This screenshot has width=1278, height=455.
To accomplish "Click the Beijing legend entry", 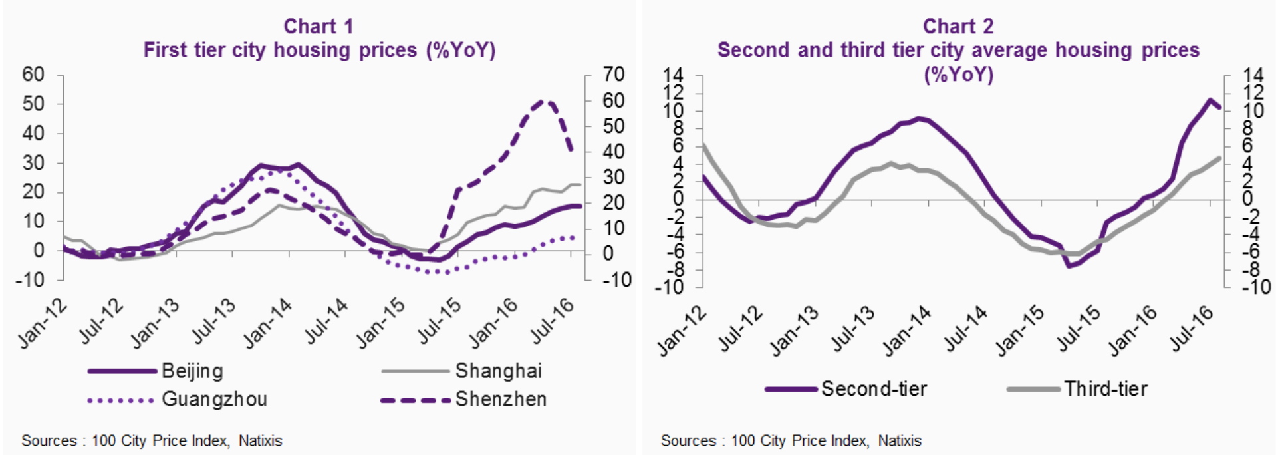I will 192,371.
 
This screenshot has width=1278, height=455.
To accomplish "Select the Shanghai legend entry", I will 498,371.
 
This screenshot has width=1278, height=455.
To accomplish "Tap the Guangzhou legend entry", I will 214,400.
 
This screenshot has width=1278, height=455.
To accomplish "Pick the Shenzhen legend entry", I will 501,400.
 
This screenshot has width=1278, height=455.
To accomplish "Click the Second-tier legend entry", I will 874,389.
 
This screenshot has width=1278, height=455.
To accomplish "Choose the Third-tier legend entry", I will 1105,389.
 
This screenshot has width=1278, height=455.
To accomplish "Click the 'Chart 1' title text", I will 319,27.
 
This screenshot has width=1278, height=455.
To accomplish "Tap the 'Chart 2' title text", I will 958,27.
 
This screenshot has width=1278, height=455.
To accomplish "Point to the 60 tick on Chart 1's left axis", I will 33,75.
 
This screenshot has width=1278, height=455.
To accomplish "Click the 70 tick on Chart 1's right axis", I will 613,75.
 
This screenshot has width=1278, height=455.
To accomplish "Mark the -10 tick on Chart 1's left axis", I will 30,280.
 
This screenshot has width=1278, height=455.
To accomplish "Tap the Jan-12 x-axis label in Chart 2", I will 682,332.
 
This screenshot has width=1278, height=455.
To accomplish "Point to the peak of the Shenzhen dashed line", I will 543,101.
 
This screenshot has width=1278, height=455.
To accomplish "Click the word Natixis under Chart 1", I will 260,441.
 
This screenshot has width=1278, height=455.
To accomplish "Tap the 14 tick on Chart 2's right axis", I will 1253,75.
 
